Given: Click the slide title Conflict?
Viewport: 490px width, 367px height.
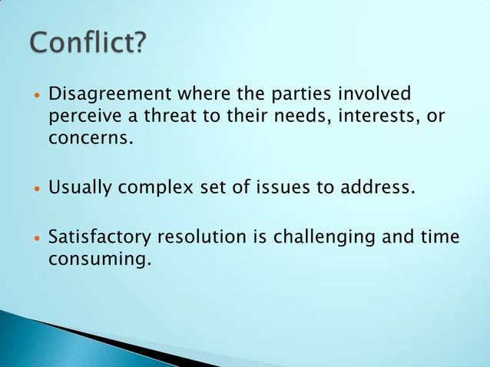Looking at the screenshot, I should coord(86,43).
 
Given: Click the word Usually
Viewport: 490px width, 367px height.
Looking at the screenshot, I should coord(78,187).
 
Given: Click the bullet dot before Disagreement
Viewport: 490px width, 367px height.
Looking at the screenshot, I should coord(36,98).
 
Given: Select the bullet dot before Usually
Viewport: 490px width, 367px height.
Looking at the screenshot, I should coord(36,189).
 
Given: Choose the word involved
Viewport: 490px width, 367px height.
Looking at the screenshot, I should coord(376,96).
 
